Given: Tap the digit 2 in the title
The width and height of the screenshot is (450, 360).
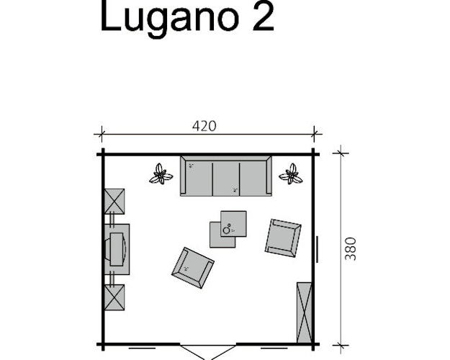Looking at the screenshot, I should (262, 17).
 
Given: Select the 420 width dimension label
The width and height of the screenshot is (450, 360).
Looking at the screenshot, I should (204, 126).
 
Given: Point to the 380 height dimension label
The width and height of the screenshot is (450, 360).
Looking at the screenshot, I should (351, 248).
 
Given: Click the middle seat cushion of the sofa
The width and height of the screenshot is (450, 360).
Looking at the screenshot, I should (225, 176).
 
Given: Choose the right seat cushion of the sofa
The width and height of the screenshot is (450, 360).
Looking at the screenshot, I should (253, 176).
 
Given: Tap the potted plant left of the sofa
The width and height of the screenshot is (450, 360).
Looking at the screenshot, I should (160, 174).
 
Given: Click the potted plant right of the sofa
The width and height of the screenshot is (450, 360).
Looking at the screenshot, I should (292, 174).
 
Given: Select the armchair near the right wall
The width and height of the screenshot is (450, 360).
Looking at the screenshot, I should (283, 238).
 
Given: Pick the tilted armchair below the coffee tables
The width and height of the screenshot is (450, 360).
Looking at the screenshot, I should (192, 268).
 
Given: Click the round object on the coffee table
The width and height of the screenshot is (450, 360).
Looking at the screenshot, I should (228, 230).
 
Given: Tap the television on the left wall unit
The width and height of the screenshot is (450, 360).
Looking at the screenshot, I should (118, 249).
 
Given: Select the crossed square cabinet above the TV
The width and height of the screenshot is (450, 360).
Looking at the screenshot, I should (114, 201).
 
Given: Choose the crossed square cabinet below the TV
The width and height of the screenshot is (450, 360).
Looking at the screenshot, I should (114, 297).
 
